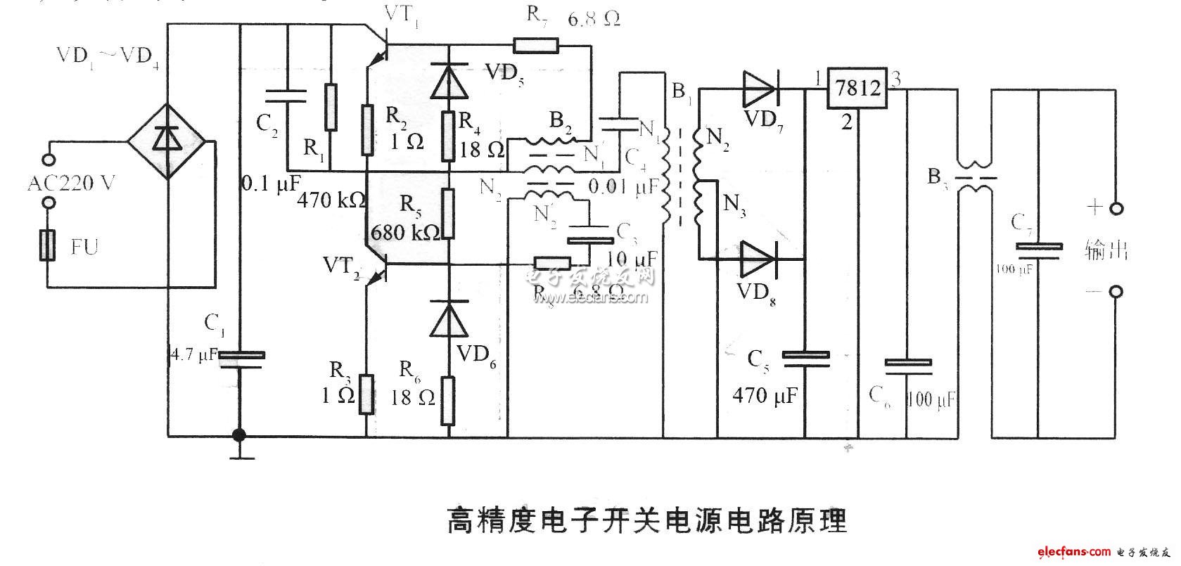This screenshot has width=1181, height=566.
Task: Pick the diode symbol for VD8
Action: [x=758, y=259]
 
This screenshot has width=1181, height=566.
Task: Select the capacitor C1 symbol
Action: [x=241, y=359]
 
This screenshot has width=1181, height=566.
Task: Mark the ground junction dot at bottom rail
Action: [x=239, y=435]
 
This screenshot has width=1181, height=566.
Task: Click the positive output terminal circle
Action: [x=1116, y=209]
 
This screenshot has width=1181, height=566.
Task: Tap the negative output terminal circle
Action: [x=1116, y=291]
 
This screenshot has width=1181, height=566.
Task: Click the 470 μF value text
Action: [x=765, y=396]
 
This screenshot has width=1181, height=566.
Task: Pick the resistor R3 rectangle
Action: [x=366, y=394]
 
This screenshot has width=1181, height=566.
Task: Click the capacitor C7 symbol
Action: [x=1039, y=250]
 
